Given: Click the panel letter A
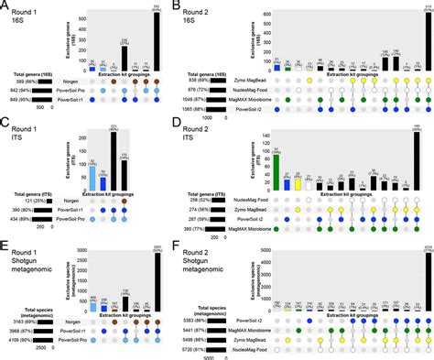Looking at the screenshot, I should coord(5,6).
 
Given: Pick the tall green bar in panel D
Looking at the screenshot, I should coord(276,171).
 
